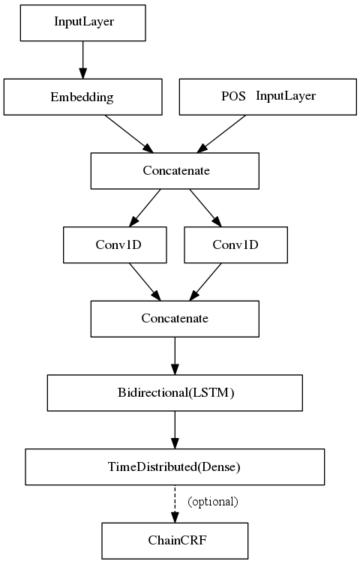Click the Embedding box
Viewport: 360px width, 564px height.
click(83, 97)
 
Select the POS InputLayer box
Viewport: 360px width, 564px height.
click(268, 97)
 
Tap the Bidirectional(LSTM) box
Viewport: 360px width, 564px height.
click(175, 393)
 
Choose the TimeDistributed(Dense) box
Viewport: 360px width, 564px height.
click(175, 467)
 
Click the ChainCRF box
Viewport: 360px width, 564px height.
click(175, 541)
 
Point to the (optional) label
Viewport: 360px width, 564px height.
click(213, 502)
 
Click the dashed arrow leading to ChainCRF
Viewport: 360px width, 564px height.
click(175, 504)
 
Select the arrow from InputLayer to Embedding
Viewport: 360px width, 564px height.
click(83, 60)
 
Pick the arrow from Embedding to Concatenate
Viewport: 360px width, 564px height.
click(129, 134)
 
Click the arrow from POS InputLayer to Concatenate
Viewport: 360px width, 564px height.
click(220, 134)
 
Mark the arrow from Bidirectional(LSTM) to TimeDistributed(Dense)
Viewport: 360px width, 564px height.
click(175, 430)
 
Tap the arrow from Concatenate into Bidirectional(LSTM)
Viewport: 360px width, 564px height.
click(175, 356)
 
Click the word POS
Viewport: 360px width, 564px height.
click(233, 97)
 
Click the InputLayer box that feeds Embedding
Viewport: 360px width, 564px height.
click(83, 23)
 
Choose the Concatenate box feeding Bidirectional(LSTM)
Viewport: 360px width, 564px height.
click(175, 319)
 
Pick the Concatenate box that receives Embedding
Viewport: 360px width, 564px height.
click(175, 171)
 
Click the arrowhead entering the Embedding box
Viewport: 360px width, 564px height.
click(83, 73)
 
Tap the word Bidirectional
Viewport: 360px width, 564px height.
click(153, 392)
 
